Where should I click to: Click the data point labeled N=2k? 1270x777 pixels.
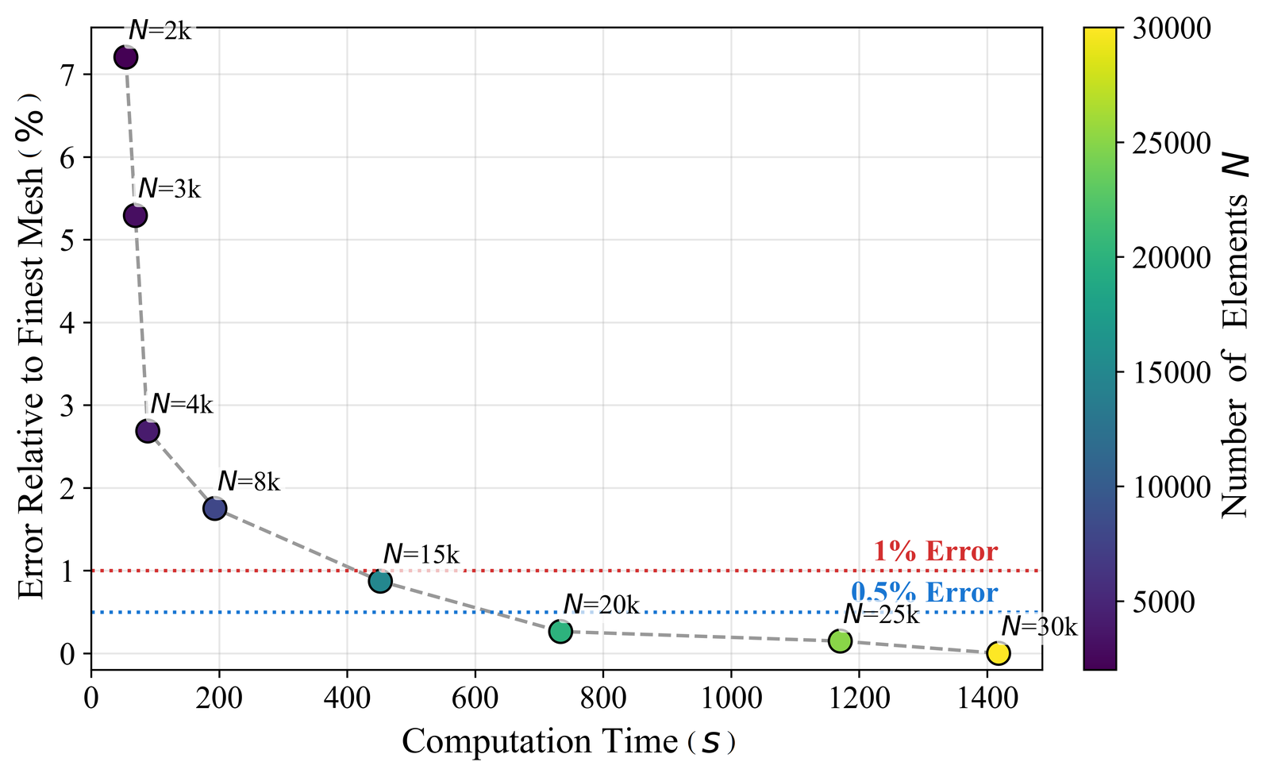(125, 57)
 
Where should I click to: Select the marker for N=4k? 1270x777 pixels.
(148, 431)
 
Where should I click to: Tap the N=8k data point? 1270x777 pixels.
(215, 509)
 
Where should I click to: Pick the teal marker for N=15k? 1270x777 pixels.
(380, 582)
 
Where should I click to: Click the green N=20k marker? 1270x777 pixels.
(560, 632)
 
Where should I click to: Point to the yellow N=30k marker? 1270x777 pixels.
(998, 653)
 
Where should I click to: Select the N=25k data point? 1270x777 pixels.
(840, 641)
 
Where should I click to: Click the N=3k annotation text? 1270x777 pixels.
(169, 189)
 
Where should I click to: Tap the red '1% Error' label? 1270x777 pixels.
(935, 552)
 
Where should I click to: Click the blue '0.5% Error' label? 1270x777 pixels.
(924, 593)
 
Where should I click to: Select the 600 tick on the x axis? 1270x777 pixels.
(475, 698)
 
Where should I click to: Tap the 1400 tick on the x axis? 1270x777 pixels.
(986, 698)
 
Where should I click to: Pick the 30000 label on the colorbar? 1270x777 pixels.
(1170, 29)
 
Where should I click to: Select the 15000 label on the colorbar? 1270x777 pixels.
(1170, 373)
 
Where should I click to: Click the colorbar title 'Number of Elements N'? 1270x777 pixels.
(1235, 333)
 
